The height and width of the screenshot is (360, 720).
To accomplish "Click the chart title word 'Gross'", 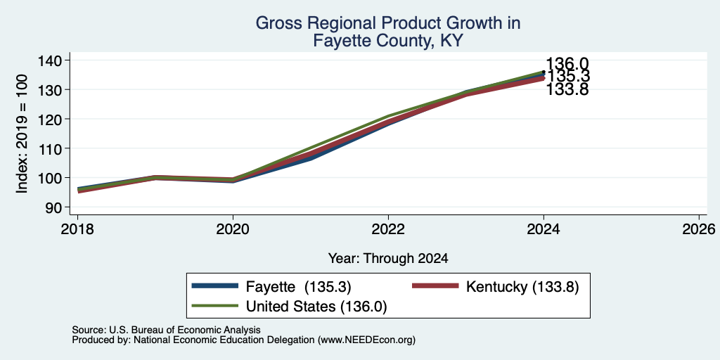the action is tap(275, 23).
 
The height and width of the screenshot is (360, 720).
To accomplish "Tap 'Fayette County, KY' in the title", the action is tap(387, 41).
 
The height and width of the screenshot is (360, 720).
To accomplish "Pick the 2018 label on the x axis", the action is tap(77, 229).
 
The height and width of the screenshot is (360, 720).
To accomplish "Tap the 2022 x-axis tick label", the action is tap(388, 229).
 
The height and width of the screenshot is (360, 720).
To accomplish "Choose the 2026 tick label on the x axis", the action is tap(700, 229).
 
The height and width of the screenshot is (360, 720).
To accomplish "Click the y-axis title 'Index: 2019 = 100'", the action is tap(23, 134).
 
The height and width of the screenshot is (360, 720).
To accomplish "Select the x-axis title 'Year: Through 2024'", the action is tap(388, 259).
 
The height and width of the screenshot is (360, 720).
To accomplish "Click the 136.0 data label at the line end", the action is tap(567, 64).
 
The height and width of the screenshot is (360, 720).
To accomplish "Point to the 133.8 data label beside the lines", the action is tap(567, 89).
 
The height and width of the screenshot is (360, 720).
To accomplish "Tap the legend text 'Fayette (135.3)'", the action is tap(298, 287).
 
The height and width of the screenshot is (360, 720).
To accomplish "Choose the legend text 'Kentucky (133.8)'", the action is tap(522, 287).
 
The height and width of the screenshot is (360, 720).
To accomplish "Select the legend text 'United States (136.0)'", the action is tap(316, 307).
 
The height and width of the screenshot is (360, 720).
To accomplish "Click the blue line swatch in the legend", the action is tap(215, 286).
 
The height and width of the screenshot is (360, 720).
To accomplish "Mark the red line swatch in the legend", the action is tap(436, 286).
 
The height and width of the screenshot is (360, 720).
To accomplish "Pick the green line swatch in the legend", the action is tap(215, 306).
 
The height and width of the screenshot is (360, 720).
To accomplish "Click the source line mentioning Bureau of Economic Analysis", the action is tap(166, 330).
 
